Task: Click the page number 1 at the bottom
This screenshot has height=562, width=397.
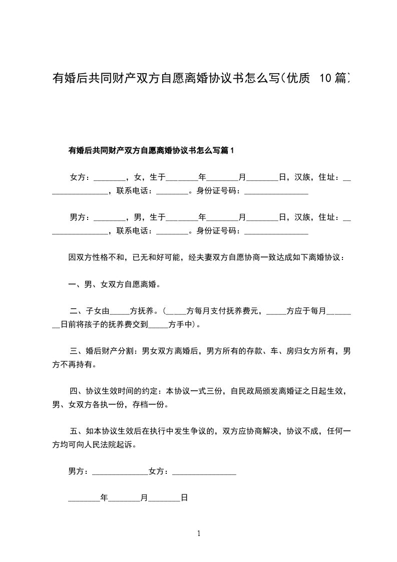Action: [199, 533]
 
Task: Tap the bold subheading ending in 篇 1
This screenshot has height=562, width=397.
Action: [151, 150]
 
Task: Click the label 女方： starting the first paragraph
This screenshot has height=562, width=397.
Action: [80, 177]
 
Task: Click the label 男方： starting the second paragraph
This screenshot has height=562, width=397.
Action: [80, 217]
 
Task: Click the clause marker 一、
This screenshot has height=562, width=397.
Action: [76, 285]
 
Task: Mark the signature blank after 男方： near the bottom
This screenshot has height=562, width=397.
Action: [120, 472]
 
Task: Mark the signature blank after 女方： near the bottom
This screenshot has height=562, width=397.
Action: [204, 472]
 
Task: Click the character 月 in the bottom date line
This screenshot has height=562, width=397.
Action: [144, 498]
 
